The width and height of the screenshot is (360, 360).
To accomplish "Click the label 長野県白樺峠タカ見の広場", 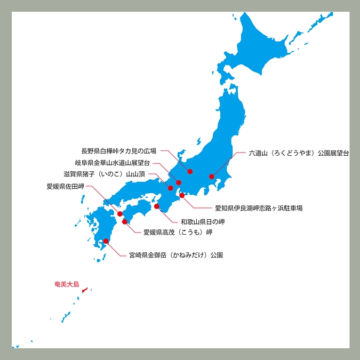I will tap(119, 151).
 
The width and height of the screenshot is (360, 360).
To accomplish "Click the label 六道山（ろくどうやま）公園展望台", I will tap(299, 153).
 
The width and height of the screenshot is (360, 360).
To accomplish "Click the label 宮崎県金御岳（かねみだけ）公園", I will tap(176, 255).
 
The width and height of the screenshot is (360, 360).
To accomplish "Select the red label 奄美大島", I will tap(67, 284).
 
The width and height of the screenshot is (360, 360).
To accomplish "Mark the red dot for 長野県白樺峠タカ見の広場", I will tap(190, 171).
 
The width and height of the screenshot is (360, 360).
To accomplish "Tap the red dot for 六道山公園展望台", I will tap(212, 177).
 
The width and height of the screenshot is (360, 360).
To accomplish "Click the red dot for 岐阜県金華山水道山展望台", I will tap(179, 183).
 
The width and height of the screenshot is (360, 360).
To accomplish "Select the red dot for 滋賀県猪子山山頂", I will tap(171, 188).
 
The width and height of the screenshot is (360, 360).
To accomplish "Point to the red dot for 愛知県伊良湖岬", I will tap(182, 196).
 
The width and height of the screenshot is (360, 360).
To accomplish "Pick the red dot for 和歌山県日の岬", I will tap(157, 206).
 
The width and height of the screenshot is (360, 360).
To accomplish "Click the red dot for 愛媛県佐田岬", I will tap(120, 214).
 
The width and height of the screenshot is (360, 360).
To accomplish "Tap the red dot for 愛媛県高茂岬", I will tap(125, 221).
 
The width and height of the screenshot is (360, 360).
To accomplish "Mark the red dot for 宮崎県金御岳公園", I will tap(106, 241).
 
